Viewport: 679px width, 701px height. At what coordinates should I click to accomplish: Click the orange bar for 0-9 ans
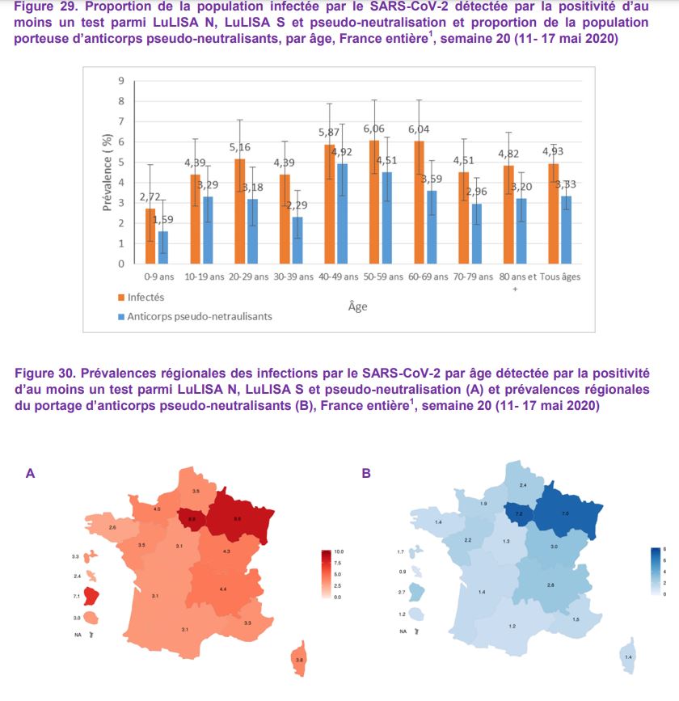(150, 236)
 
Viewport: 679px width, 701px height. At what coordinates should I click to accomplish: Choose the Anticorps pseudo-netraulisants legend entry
(194, 317)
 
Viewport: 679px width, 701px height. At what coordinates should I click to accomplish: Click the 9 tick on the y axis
(120, 81)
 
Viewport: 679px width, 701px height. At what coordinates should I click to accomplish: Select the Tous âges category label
(560, 277)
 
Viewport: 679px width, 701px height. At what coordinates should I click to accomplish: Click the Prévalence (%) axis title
(108, 172)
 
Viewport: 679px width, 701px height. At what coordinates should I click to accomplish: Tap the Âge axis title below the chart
(357, 306)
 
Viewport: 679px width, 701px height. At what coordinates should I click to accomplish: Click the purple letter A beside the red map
(31, 474)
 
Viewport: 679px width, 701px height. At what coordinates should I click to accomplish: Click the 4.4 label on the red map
(223, 589)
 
